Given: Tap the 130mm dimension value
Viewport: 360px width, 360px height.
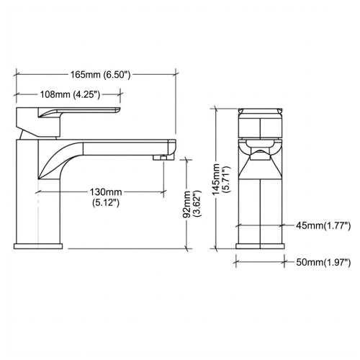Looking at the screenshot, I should coord(106,192).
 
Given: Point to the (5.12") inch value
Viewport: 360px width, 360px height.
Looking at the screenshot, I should coord(106,203).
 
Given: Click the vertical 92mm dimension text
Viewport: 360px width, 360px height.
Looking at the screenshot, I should coord(187,204).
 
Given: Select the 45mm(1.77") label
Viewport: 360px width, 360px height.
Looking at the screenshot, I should coord(323,226).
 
